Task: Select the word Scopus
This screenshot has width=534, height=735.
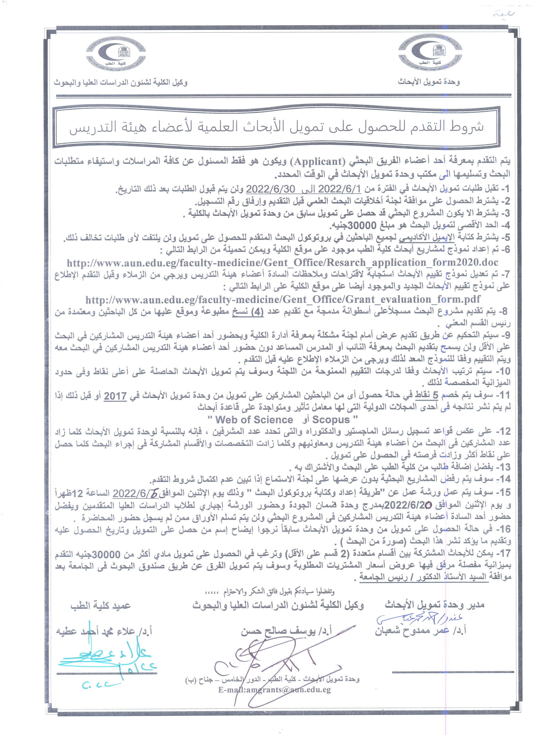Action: click(331, 420)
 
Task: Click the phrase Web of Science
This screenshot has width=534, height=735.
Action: click(254, 420)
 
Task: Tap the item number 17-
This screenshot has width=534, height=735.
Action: click(502, 553)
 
